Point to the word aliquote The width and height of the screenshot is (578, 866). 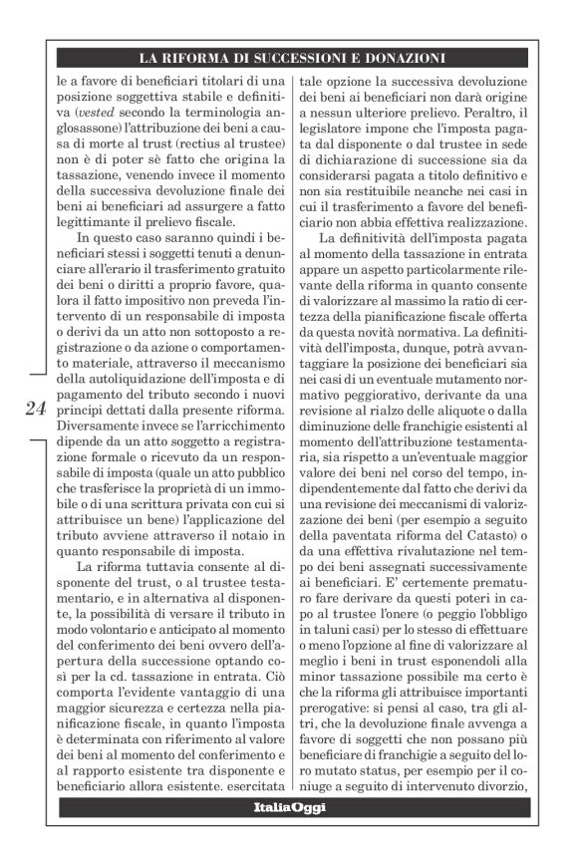(x=456, y=396)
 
